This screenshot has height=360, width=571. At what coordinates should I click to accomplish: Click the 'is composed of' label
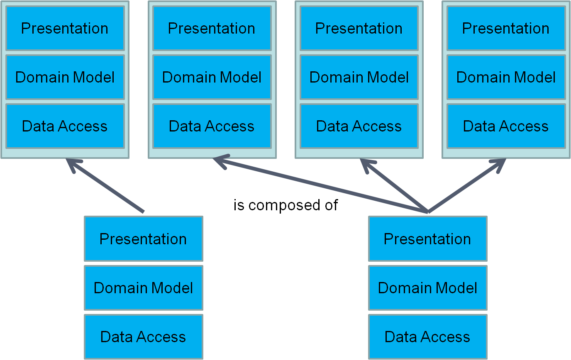(285, 205)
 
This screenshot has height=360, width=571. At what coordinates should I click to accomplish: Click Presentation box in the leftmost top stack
(65, 28)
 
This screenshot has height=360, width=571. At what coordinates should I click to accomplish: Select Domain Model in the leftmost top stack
(65, 77)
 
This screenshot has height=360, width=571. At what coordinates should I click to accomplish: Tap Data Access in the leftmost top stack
(65, 126)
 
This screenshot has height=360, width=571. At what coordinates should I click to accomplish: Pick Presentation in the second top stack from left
(212, 28)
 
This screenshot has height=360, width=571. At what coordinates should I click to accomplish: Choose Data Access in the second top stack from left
(212, 126)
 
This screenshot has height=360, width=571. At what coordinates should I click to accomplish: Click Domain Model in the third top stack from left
(359, 77)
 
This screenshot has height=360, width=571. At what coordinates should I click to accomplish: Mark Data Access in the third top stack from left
(359, 126)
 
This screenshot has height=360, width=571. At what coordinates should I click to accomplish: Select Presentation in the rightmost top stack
(506, 28)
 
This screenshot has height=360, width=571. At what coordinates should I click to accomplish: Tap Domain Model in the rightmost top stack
(506, 77)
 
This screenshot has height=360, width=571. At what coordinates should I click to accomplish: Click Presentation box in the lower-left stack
(143, 239)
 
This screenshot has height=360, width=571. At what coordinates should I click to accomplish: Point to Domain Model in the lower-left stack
(143, 288)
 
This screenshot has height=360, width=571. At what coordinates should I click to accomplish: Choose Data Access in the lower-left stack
(143, 337)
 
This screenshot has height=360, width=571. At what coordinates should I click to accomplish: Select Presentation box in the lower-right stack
(427, 239)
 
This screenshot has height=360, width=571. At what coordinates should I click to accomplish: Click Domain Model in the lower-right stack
(427, 288)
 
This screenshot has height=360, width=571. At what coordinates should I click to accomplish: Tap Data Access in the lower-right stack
(427, 337)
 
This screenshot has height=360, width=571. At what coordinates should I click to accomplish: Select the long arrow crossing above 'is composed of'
(320, 186)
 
